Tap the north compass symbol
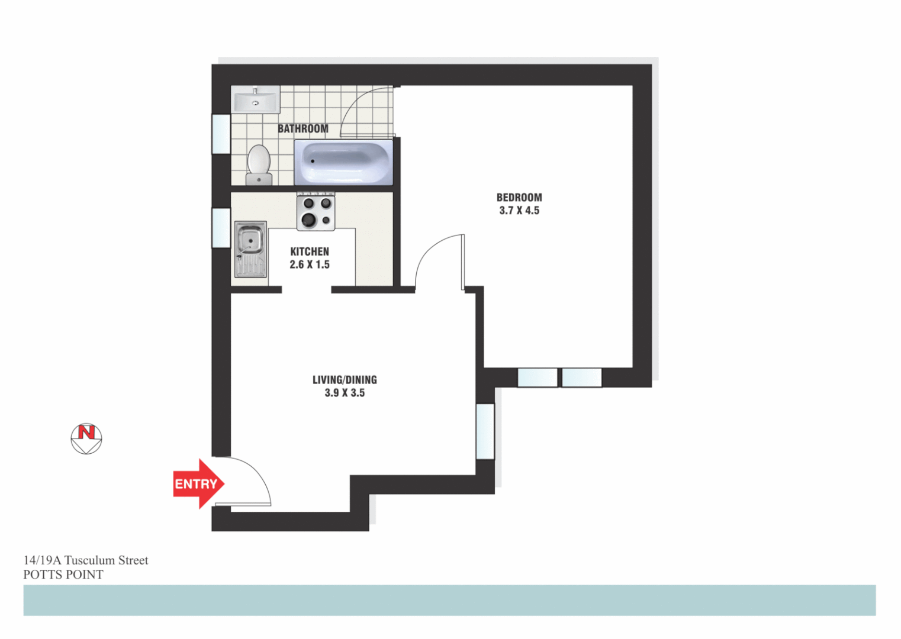click(x=86, y=439)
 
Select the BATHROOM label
click(x=303, y=128)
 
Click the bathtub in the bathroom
click(x=343, y=162)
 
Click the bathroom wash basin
click(x=255, y=99)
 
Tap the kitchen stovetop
click(x=316, y=212)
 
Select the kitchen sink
click(x=250, y=249)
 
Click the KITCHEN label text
click(x=310, y=251)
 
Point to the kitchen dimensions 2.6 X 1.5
click(x=310, y=264)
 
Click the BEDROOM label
click(x=519, y=198)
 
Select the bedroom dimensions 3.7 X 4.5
click(x=519, y=211)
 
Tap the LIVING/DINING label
click(x=345, y=380)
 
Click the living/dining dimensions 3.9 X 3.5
click(x=345, y=393)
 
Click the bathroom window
click(x=221, y=134)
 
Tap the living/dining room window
click(x=485, y=431)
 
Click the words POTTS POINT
click(x=63, y=575)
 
